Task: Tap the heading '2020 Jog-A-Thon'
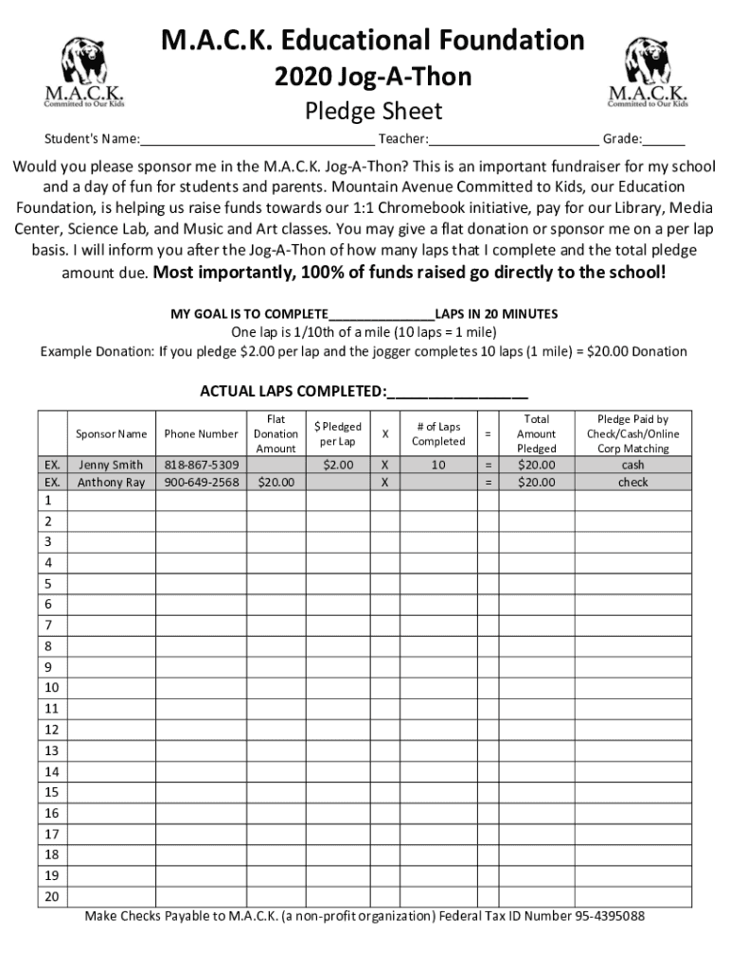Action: pyautogui.click(x=372, y=77)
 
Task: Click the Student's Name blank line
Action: pyautogui.click(x=257, y=141)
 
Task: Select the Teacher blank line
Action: pyautogui.click(x=512, y=141)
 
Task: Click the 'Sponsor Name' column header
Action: pyautogui.click(x=112, y=434)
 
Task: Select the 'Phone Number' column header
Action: pyautogui.click(x=201, y=434)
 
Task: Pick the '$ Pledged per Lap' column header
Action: pyautogui.click(x=338, y=434)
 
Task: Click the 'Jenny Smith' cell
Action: pyautogui.click(x=112, y=465)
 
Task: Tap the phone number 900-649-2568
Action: pyautogui.click(x=201, y=483)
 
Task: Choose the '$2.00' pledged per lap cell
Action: pyautogui.click(x=338, y=465)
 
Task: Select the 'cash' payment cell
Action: pyautogui.click(x=632, y=465)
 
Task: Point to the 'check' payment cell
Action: pyautogui.click(x=632, y=483)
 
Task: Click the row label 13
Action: pyautogui.click(x=51, y=750)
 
